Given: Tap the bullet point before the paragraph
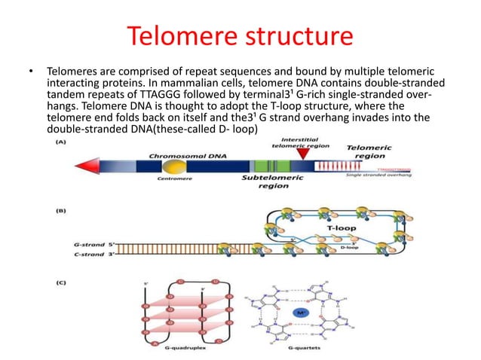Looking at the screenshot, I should pyautogui.click(x=31, y=72).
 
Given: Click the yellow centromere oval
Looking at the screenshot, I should pyautogui.click(x=175, y=166).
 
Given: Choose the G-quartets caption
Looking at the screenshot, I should pyautogui.click(x=300, y=350).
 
